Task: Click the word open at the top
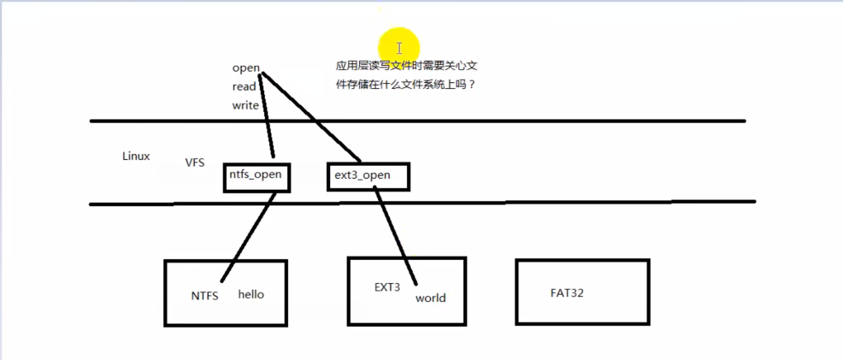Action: click(245, 68)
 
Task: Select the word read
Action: click(244, 86)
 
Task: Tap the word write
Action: click(245, 105)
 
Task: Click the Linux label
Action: click(136, 156)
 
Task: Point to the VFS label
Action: click(195, 162)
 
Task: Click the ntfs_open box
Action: click(255, 176)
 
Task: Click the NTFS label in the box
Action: click(205, 295)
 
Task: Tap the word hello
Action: click(251, 294)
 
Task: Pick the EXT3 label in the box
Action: click(387, 287)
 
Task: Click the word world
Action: click(430, 298)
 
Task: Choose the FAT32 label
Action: click(567, 293)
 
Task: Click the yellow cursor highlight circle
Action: click(399, 48)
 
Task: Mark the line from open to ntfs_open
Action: click(267, 115)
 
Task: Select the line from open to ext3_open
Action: click(309, 116)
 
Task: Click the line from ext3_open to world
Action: click(395, 238)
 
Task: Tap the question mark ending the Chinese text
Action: click(472, 85)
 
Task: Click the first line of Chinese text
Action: click(412, 65)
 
